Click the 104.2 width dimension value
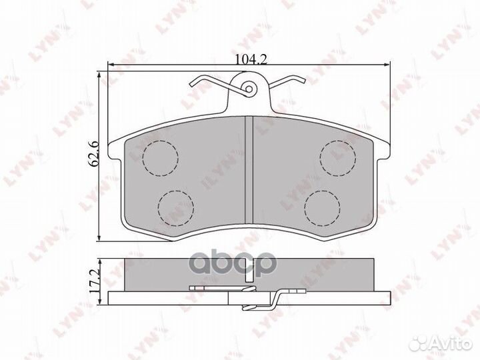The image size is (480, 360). pos(251,59)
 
